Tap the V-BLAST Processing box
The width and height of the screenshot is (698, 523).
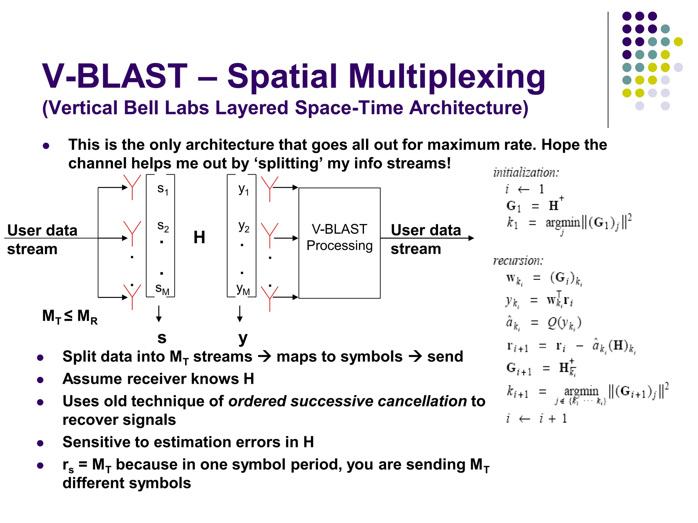point(339,243)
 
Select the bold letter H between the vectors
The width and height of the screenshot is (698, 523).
point(199,237)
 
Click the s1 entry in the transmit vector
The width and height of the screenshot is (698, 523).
point(163,189)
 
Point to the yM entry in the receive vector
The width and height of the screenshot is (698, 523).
point(243,289)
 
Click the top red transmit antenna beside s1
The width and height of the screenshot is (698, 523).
point(132,187)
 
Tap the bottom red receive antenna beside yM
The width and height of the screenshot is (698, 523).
point(270,298)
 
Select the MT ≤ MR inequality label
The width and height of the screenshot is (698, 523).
point(70,316)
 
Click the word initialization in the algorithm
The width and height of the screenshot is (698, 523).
point(526,173)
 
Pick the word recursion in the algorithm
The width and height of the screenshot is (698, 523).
point(518,261)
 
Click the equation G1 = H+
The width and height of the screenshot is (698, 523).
point(535,205)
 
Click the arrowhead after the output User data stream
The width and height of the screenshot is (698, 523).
point(471,238)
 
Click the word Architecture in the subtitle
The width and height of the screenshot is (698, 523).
point(468,108)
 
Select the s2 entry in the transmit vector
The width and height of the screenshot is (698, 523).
point(163,226)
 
